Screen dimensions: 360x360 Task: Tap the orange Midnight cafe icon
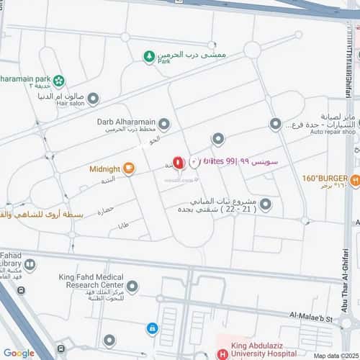pyautogui.click(x=129, y=169)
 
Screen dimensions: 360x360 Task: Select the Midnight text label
pyautogui.click(x=104, y=169)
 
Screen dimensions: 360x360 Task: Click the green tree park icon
pyautogui.click(x=148, y=55)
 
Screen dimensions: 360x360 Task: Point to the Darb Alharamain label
pyautogui.click(x=126, y=122)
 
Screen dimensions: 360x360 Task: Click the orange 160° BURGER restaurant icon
pyautogui.click(x=355, y=179)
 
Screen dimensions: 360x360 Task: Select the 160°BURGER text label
pyautogui.click(x=325, y=178)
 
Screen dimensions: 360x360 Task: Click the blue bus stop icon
pyautogui.click(x=153, y=328)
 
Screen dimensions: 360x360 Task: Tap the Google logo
pyautogui.click(x=18, y=353)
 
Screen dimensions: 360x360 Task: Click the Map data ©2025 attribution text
pyautogui.click(x=335, y=356)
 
